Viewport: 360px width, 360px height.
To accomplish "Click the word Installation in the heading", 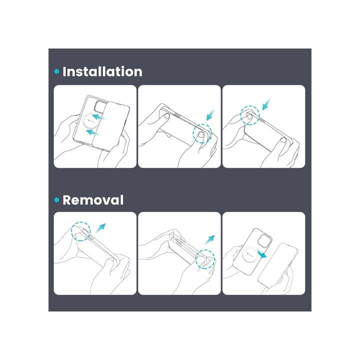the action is (x=102, y=71).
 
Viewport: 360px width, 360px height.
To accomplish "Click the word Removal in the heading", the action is (x=93, y=199).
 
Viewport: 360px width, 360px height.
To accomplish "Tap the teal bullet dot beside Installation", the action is (x=56, y=71).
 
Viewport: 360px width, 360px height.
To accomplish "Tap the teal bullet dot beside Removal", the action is (x=56, y=200).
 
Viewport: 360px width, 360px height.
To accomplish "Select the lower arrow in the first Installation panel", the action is (x=92, y=132).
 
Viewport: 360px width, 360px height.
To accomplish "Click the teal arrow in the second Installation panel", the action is (x=210, y=114).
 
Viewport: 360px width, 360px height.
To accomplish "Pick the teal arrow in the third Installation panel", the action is (x=266, y=104).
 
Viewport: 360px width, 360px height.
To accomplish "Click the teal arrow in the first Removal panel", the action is (x=100, y=228).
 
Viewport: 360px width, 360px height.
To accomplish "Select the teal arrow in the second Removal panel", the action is (x=209, y=240).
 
